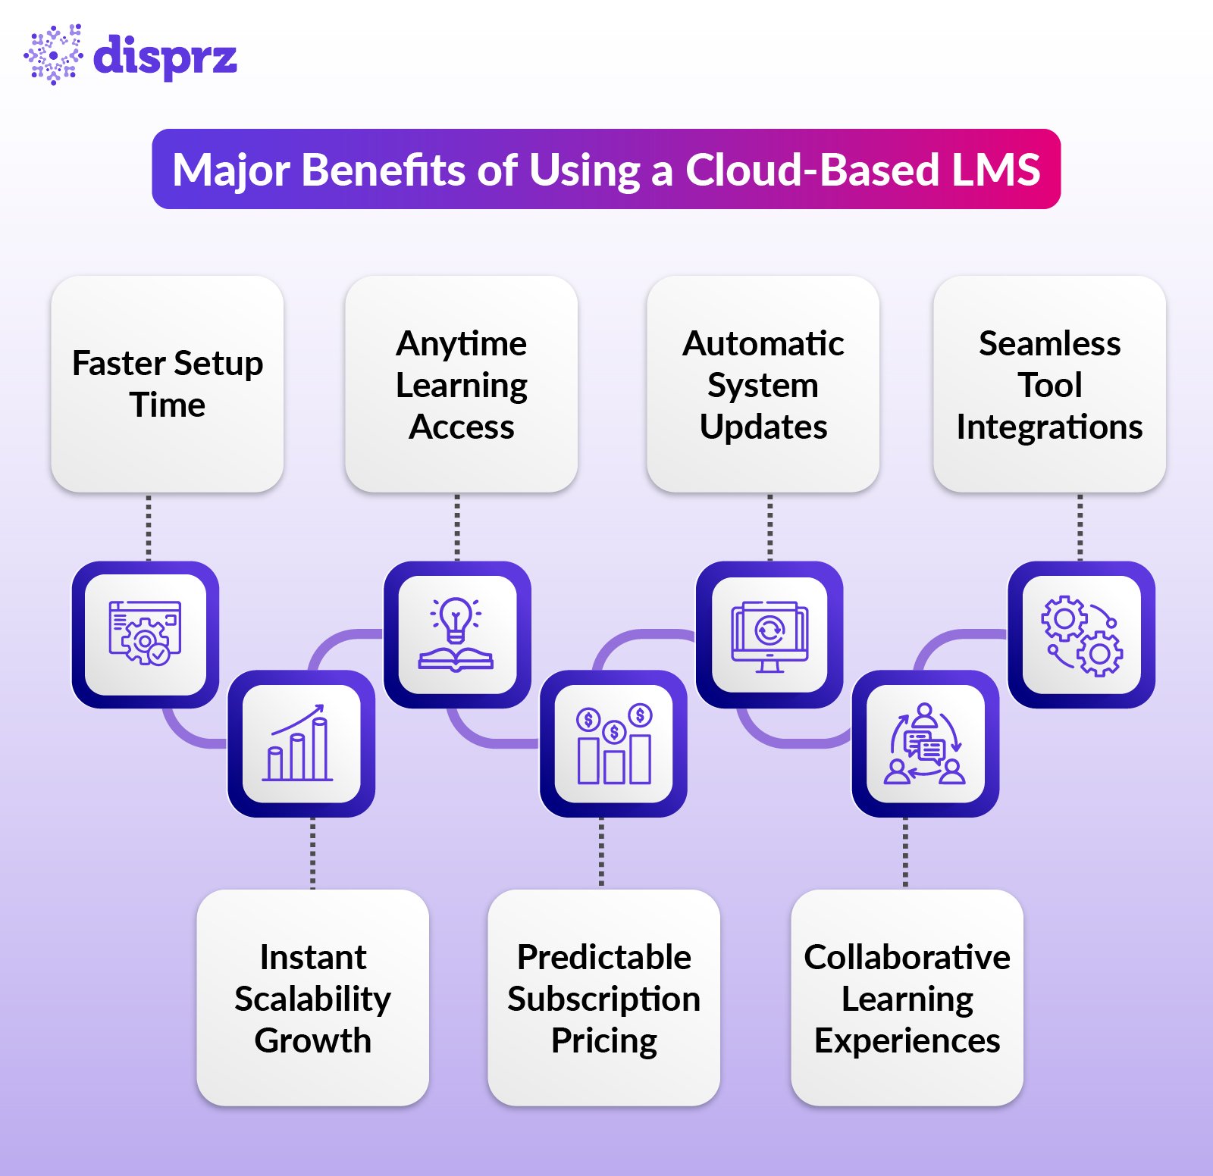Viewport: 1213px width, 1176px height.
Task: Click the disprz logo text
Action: (x=165, y=57)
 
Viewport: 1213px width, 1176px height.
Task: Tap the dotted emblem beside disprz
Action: (x=53, y=55)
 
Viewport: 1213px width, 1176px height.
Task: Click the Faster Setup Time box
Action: (x=168, y=383)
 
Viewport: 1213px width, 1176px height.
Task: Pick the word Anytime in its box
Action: (x=461, y=344)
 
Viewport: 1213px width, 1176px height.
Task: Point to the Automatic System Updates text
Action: (x=763, y=385)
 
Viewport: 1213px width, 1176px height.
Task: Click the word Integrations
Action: (x=1049, y=427)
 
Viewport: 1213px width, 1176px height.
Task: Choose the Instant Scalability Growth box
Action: (x=312, y=998)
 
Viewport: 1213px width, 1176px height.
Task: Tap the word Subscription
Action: (x=603, y=999)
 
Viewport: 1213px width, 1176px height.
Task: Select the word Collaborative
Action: (x=907, y=958)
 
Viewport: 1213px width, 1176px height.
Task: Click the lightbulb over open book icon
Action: (x=456, y=634)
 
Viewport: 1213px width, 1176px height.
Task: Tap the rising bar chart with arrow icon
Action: (x=300, y=743)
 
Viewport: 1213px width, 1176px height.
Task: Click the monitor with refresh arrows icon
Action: (x=769, y=635)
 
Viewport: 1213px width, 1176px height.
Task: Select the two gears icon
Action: (x=1081, y=635)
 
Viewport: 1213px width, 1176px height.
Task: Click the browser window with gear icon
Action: (x=145, y=634)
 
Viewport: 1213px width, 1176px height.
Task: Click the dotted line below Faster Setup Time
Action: (x=149, y=527)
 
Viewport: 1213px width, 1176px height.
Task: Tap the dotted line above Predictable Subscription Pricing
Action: (x=602, y=852)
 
